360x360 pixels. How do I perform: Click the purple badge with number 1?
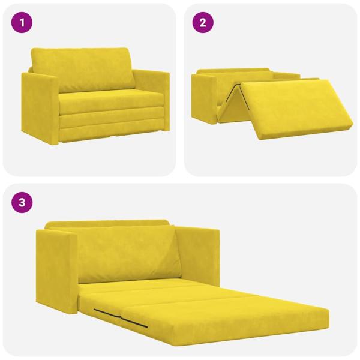22,23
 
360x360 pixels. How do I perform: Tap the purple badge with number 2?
203,23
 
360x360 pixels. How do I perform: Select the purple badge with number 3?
22,202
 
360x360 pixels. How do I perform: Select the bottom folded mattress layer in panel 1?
111,127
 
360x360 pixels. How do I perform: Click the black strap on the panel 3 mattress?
120,319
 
